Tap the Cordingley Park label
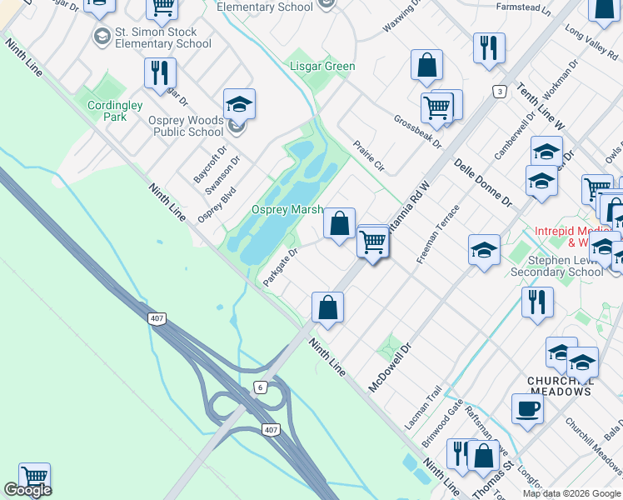click(117, 111)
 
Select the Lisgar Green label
click(322, 66)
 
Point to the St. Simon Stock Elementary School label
click(163, 38)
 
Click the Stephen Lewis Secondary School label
click(557, 265)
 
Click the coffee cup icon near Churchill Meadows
click(526, 409)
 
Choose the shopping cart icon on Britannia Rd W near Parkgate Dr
click(372, 242)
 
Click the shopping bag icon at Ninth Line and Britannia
click(328, 307)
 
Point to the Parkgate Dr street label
click(281, 266)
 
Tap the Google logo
click(27, 490)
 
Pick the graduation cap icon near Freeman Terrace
click(484, 250)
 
